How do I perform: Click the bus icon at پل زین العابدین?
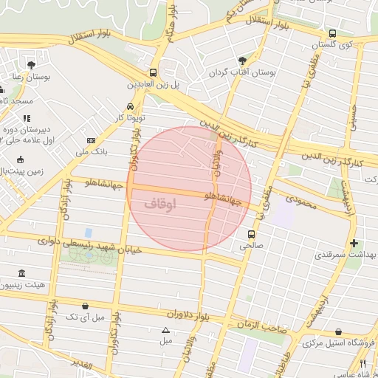click(x=153, y=72)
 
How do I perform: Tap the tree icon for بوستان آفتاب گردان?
click(x=243, y=61)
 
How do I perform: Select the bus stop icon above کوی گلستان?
click(x=332, y=33)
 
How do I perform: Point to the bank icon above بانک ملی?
click(x=91, y=140)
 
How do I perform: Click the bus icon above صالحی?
click(x=252, y=234)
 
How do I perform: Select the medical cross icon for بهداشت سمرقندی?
click(x=354, y=243)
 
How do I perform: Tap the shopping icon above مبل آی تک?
click(x=86, y=306)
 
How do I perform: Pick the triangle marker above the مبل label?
click(x=165, y=330)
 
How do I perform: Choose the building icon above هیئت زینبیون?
click(x=21, y=272)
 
